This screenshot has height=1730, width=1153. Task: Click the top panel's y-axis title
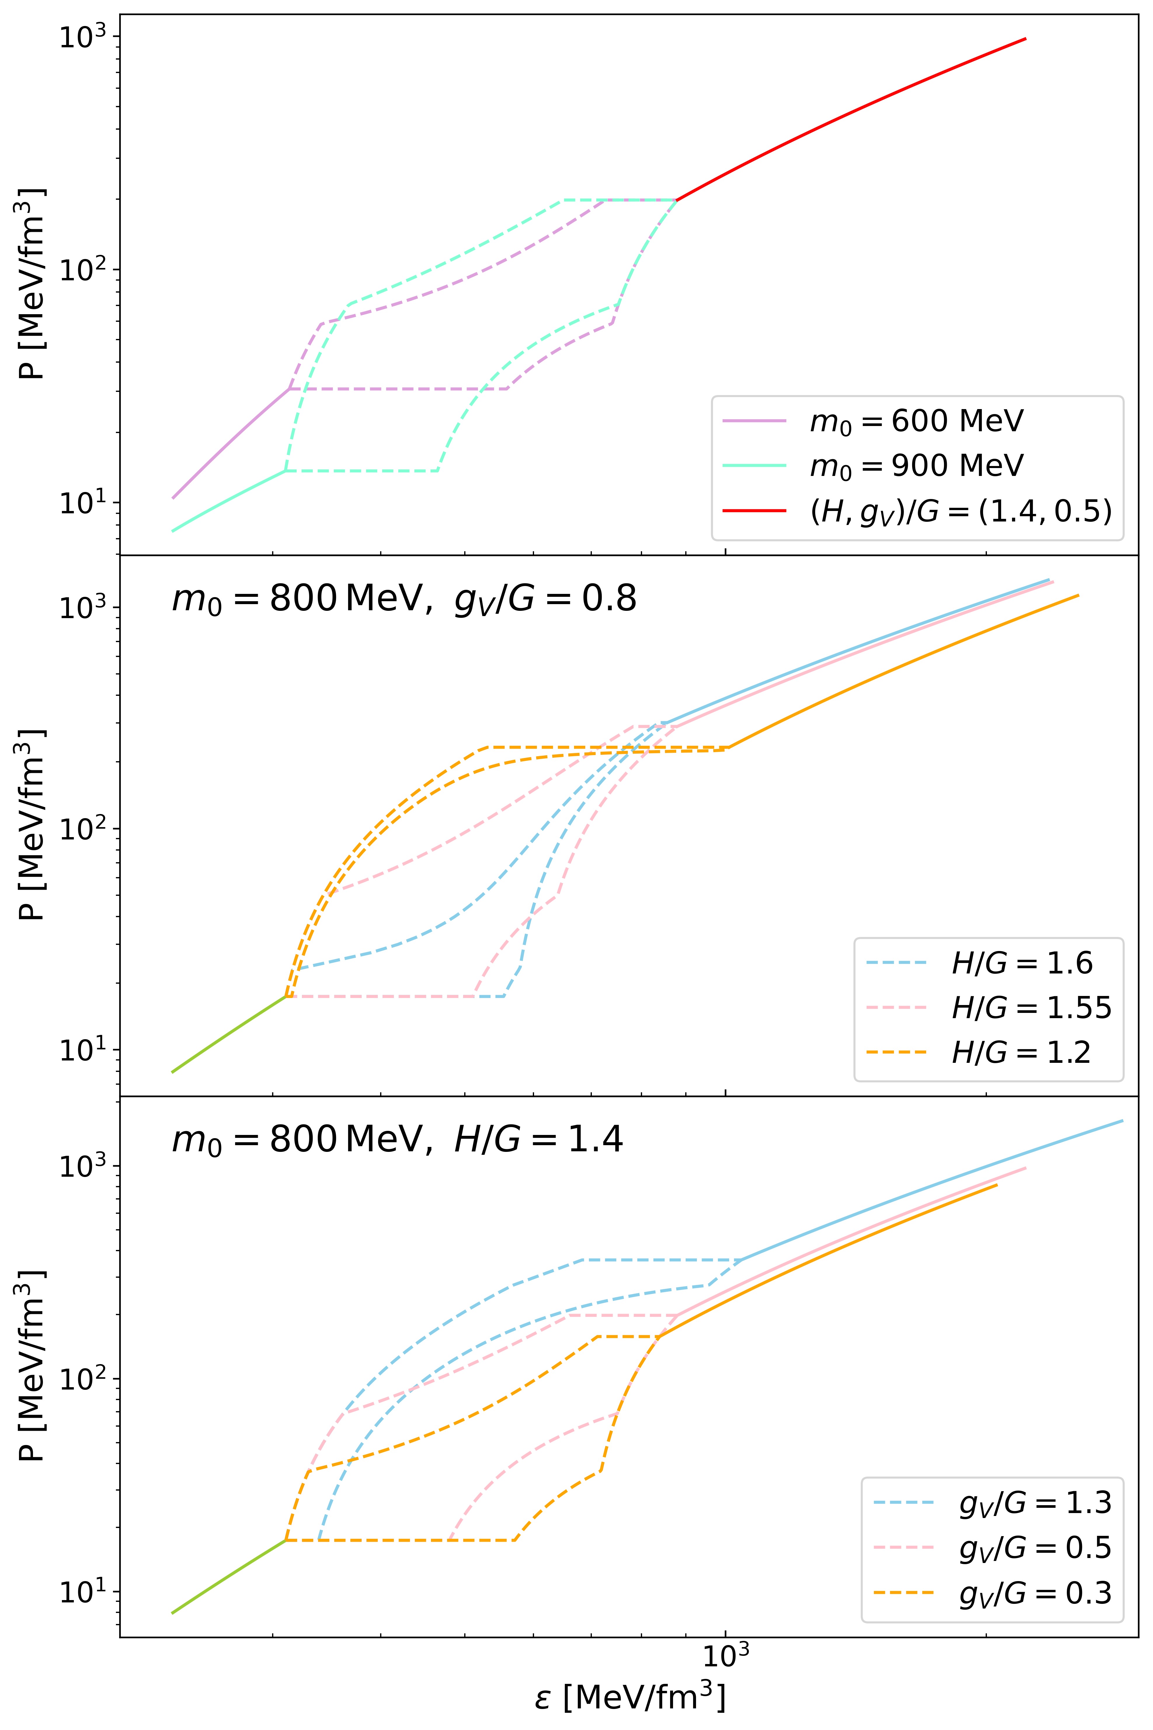31,283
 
